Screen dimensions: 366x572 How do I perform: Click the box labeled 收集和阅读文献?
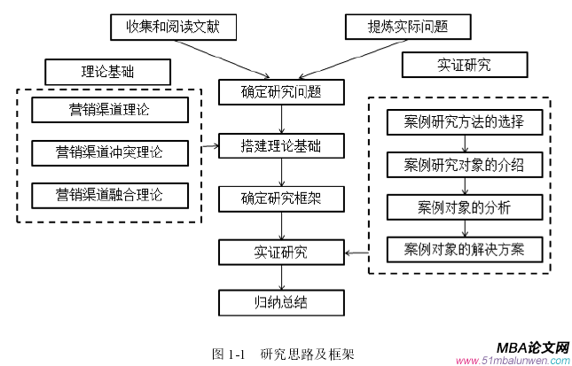click(x=176, y=27)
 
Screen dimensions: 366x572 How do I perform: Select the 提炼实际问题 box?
click(x=408, y=27)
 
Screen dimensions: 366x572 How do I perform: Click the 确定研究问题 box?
click(x=281, y=90)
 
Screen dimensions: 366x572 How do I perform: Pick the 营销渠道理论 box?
click(x=110, y=110)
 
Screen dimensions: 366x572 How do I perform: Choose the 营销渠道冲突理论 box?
click(x=110, y=152)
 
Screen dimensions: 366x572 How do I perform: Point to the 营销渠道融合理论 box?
click(x=110, y=194)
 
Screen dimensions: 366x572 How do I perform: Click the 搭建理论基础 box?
click(x=281, y=144)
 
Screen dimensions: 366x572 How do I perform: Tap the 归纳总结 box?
click(x=281, y=304)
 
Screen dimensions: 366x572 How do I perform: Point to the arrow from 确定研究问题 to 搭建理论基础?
click(x=281, y=117)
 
